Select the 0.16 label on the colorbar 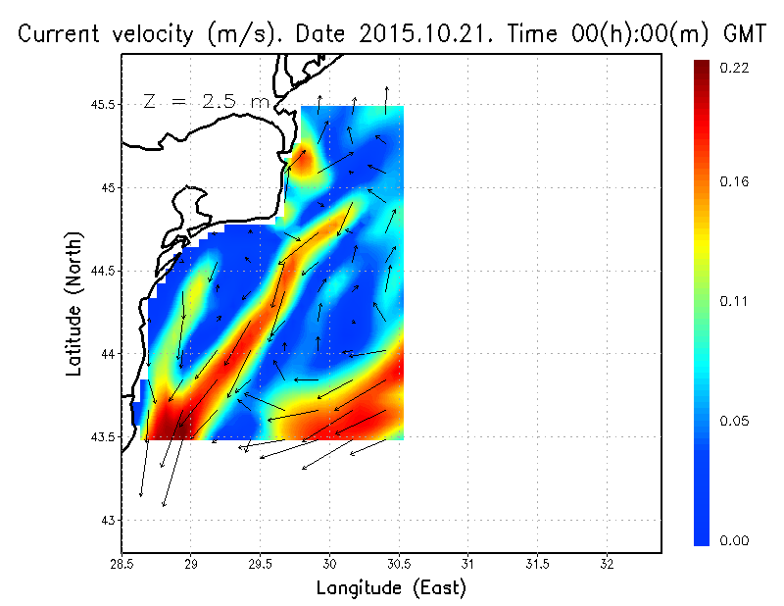(735, 181)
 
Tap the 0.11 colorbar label (735, 301)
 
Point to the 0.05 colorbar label (735, 422)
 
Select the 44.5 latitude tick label (101, 271)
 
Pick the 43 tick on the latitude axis (108, 520)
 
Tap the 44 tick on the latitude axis (108, 354)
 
